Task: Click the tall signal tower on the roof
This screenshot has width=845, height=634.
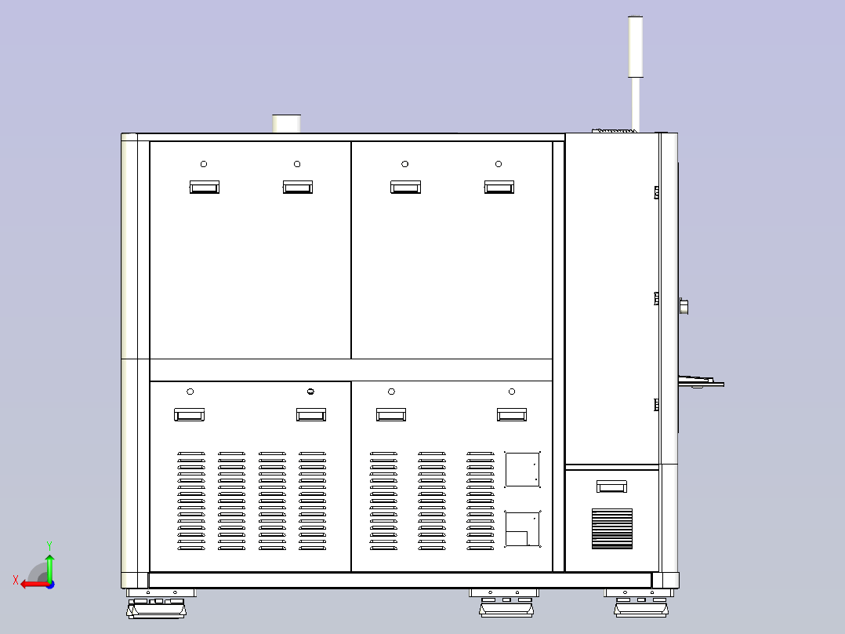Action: pos(636,73)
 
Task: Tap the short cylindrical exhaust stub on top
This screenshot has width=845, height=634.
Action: pos(286,123)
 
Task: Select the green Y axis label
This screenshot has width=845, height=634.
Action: pos(49,545)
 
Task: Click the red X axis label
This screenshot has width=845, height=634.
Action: pos(16,581)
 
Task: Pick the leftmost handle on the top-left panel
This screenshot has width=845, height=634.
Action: pos(205,187)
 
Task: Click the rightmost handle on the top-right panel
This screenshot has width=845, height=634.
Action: pos(499,187)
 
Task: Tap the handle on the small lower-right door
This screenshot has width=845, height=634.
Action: pos(611,486)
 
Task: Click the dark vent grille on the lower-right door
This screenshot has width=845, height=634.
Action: pos(612,529)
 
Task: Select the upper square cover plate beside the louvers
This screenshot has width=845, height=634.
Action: pos(522,469)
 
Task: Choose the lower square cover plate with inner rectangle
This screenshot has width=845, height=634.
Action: pos(522,529)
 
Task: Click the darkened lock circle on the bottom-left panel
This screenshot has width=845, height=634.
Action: pos(310,392)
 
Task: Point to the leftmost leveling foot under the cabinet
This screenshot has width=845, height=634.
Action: pos(157,603)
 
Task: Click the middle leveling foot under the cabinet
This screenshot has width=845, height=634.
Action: pos(506,603)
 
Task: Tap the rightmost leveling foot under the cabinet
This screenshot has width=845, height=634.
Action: pos(640,603)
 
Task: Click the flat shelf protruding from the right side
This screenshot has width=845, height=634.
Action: pos(701,382)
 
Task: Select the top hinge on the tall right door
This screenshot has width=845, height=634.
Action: pos(656,192)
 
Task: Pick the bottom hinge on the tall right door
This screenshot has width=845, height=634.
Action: pos(656,404)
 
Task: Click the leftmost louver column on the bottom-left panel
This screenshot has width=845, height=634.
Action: pos(191,501)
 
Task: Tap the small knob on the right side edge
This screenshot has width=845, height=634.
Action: pos(684,307)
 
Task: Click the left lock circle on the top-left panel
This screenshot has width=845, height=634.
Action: pos(204,163)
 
